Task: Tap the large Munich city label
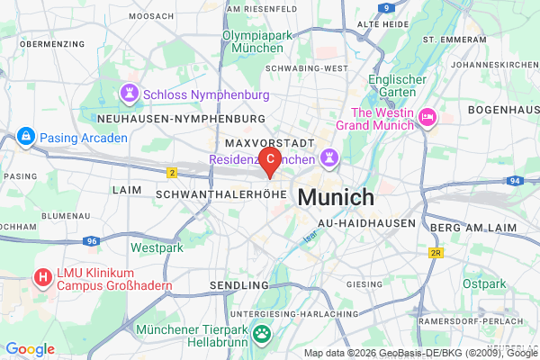coord(336,197)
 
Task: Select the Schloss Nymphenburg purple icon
coord(131,93)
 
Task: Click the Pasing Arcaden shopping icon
coord(25,137)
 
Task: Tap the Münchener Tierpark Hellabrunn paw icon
coord(261,335)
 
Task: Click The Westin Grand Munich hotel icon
coord(427,116)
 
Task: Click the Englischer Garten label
coord(396,85)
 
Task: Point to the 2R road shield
coord(436,253)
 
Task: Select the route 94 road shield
coord(514,181)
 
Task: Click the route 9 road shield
coord(385,7)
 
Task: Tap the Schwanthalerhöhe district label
coord(220,193)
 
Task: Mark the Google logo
coord(31,349)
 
